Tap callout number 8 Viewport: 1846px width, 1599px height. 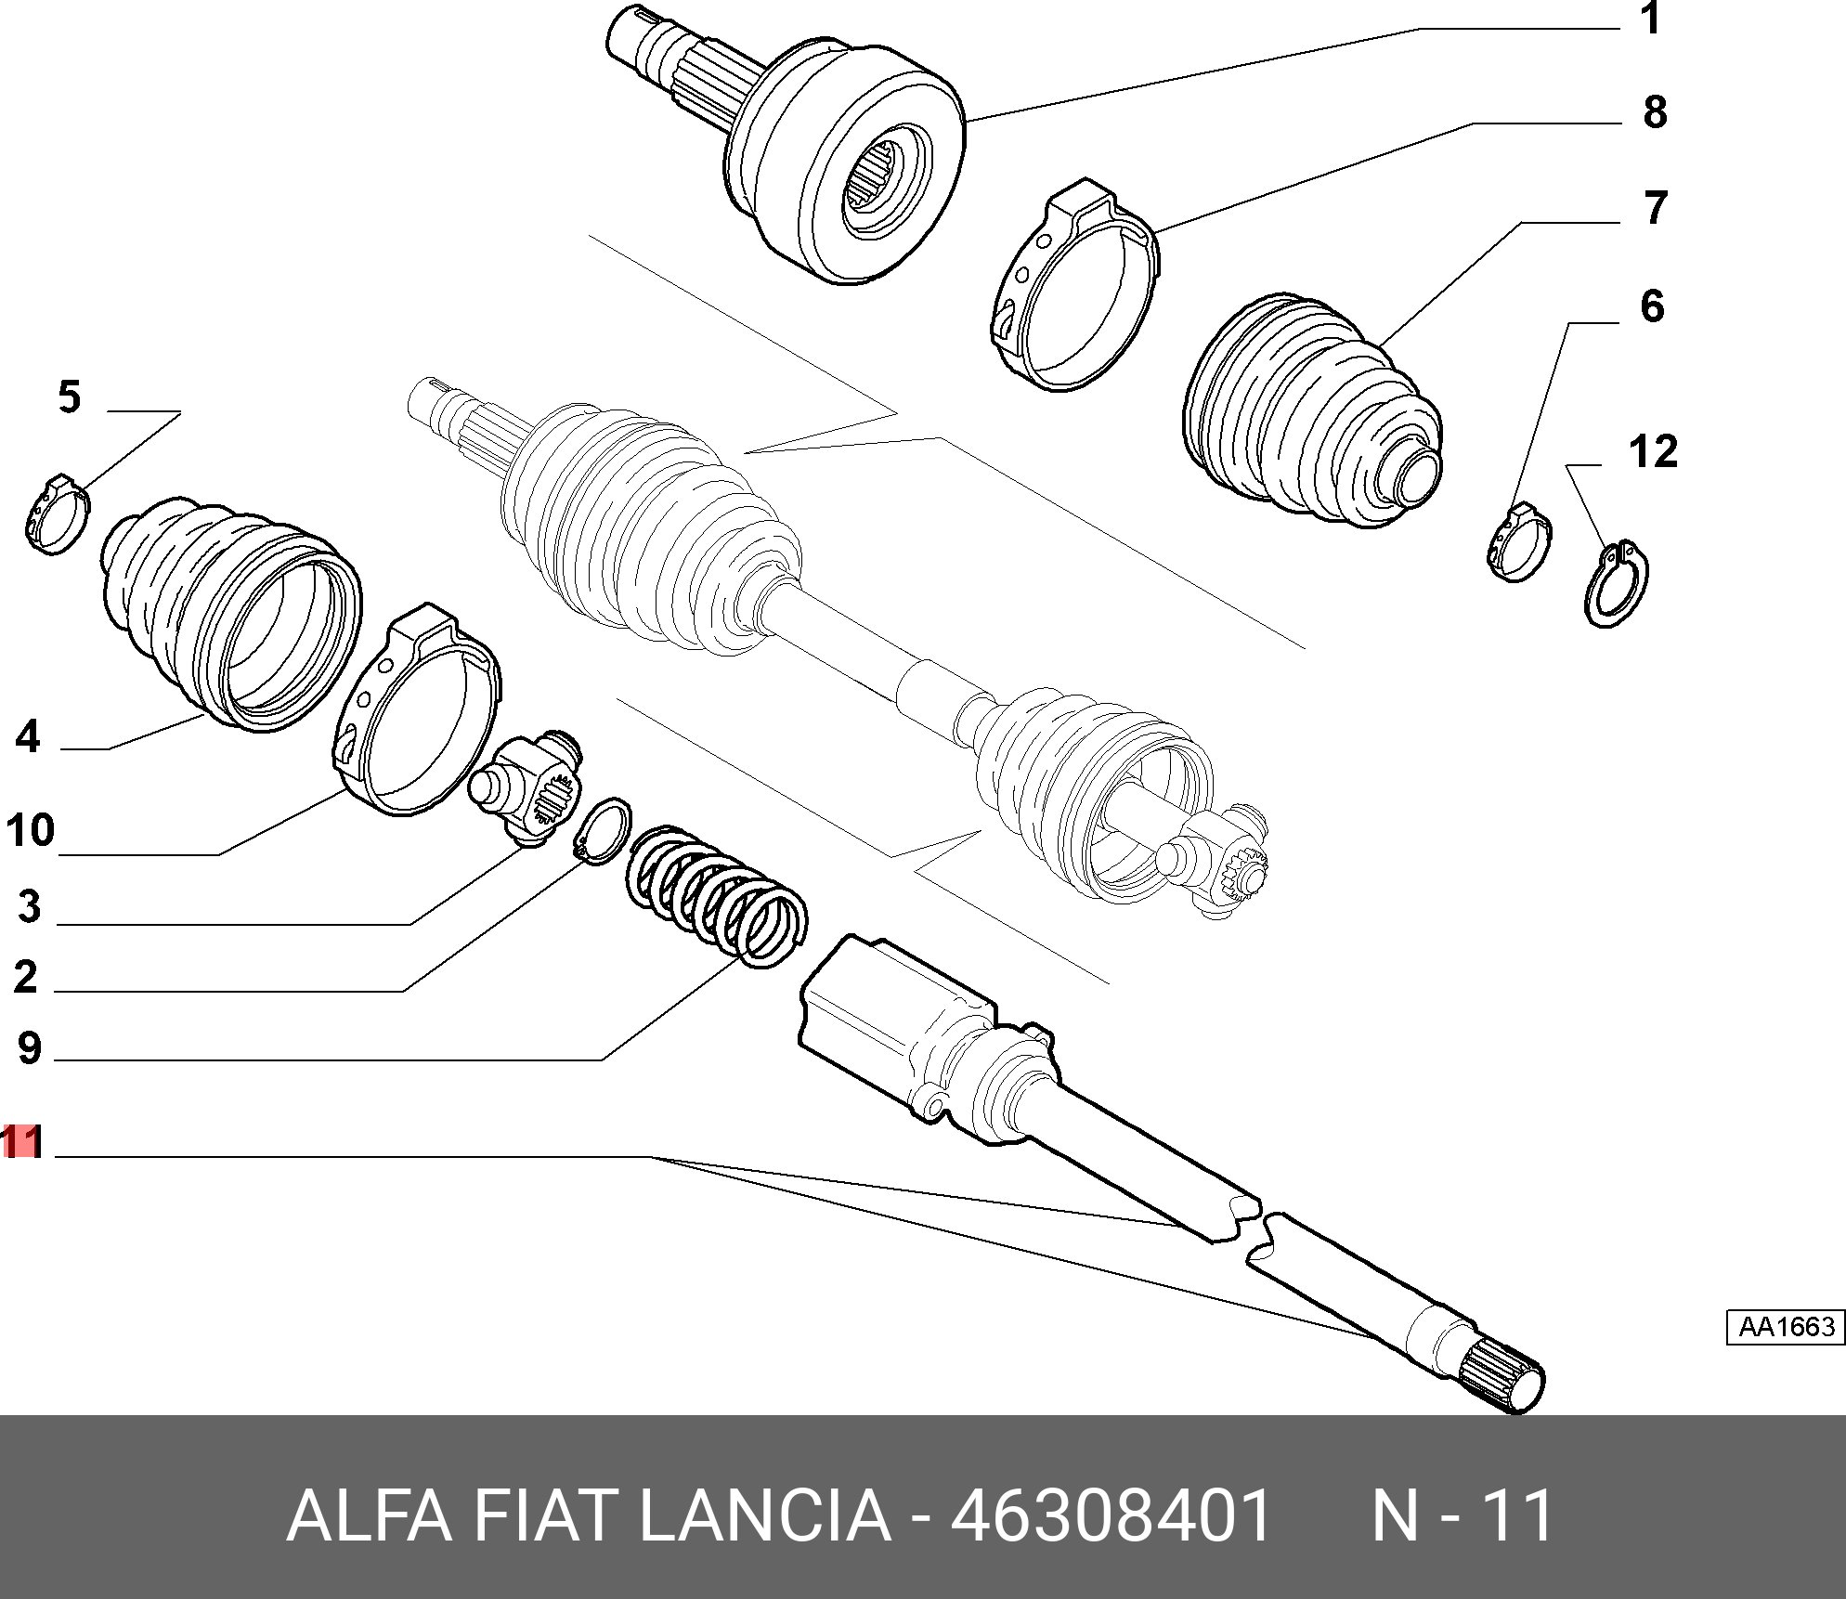click(1655, 112)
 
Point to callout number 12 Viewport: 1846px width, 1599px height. click(1654, 452)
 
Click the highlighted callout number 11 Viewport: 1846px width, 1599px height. click(22, 1141)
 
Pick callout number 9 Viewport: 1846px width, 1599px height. click(29, 1047)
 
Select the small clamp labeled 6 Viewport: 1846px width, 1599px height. click(1519, 543)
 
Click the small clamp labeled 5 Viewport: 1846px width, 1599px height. click(58, 514)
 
